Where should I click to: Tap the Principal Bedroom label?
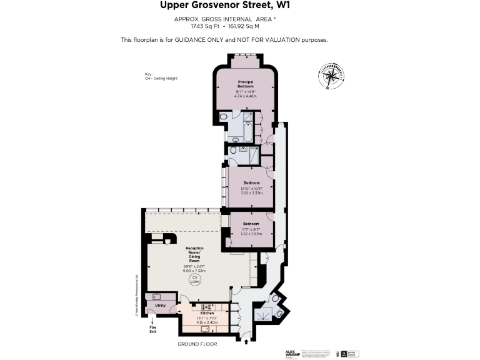pyautogui.click(x=244, y=84)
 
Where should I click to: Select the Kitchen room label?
pyautogui.click(x=207, y=313)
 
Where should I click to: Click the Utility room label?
pyautogui.click(x=161, y=306)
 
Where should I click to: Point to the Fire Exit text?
pyautogui.click(x=152, y=330)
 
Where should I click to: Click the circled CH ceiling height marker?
pyautogui.click(x=194, y=279)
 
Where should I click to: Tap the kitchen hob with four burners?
pyautogui.click(x=206, y=306)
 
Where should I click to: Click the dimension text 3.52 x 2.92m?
pyautogui.click(x=251, y=233)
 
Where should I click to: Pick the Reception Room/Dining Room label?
pyautogui.click(x=194, y=254)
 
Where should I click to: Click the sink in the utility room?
pyautogui.click(x=156, y=297)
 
